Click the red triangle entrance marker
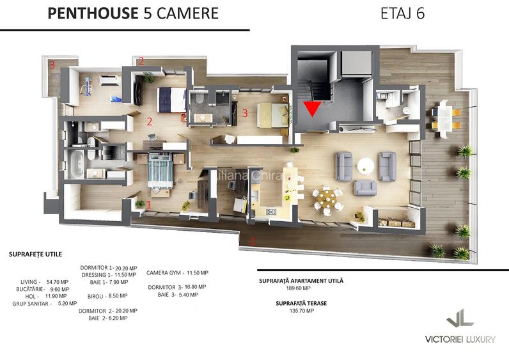pos(311,109)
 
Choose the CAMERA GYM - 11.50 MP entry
pos(177,273)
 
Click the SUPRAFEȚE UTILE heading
pos(36,254)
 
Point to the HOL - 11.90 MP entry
pos(37,296)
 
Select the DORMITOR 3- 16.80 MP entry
pos(176,288)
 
